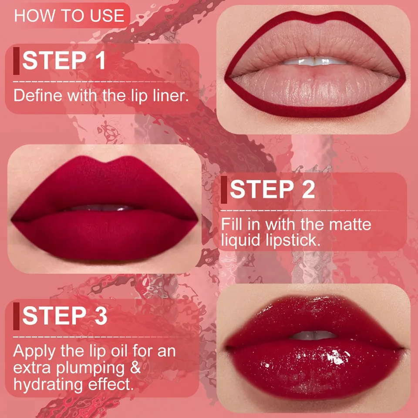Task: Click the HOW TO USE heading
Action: tap(69, 16)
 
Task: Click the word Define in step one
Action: tap(37, 95)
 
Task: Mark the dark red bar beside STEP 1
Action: tap(16, 61)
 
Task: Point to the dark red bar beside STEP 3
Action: tap(16, 316)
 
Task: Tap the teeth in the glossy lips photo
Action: tap(313, 335)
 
